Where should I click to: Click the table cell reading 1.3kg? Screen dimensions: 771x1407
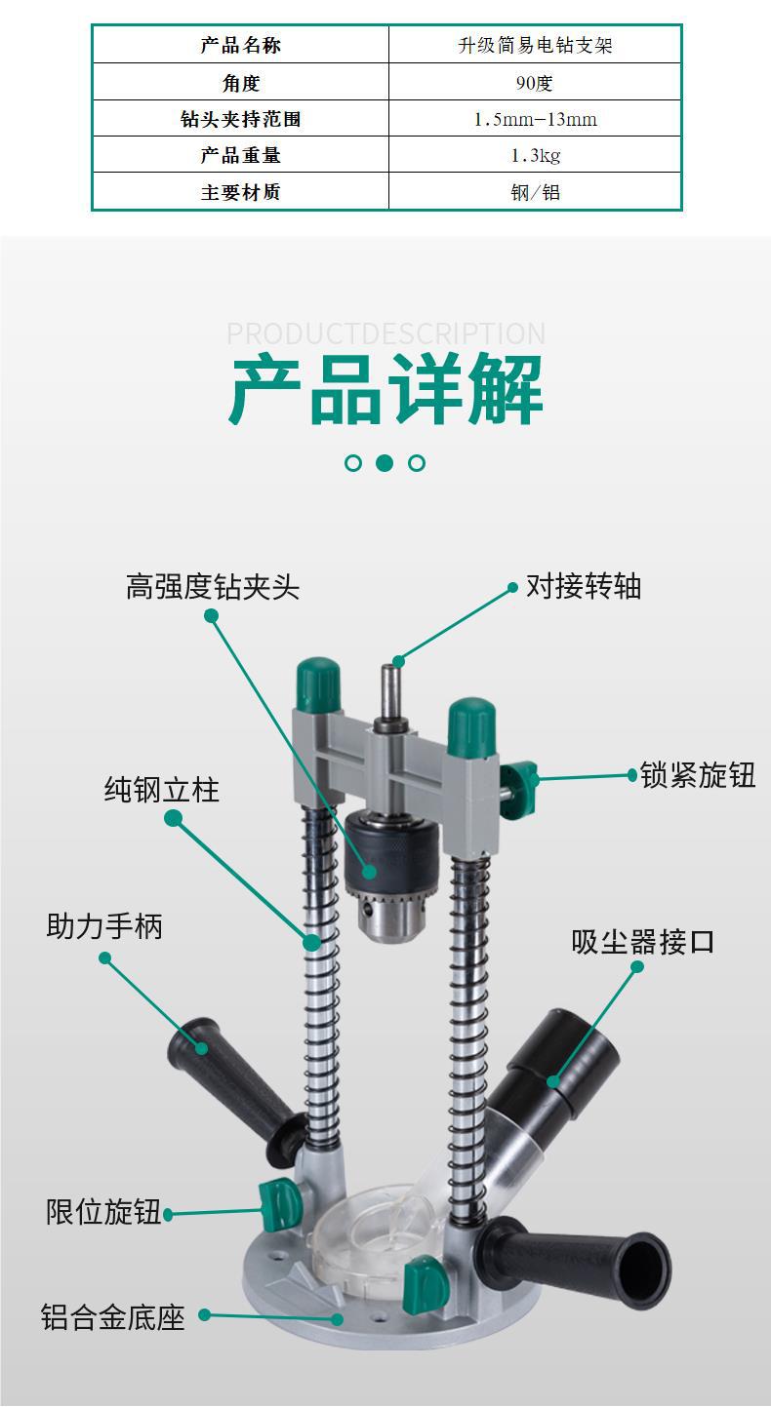tap(535, 155)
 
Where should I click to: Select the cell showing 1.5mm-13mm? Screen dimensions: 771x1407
tap(535, 119)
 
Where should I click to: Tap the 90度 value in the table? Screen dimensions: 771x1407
tap(535, 83)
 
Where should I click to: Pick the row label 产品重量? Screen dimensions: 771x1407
tap(240, 155)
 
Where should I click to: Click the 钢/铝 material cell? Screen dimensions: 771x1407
tap(535, 192)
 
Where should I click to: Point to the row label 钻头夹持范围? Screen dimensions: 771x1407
tap(240, 119)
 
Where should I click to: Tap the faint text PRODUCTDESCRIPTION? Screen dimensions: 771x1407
tap(385, 333)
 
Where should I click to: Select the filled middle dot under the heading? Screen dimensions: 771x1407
tap(385, 463)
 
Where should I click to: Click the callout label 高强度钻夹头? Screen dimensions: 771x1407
tap(212, 587)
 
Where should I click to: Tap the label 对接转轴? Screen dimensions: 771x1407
tap(583, 586)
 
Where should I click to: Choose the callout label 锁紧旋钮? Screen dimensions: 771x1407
tap(698, 775)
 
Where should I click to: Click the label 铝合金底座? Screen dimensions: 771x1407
tap(113, 1317)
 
